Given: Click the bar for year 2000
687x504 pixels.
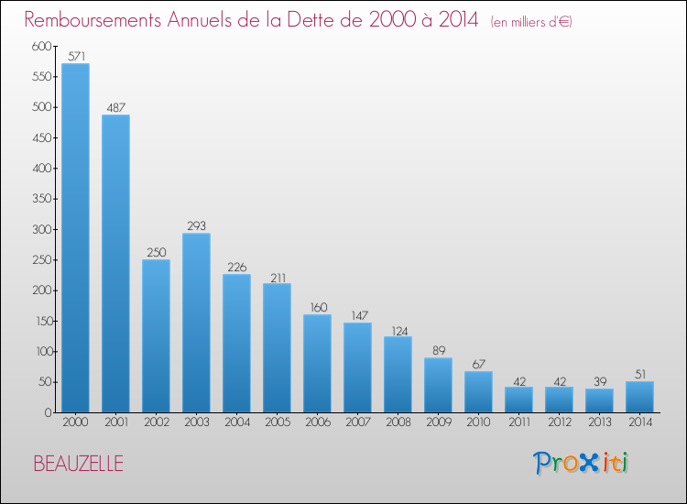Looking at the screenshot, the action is pos(75,238).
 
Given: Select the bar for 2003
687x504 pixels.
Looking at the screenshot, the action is pos(196,323).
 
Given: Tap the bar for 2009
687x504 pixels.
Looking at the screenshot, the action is pos(438,385).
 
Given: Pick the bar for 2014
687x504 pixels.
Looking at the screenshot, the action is pos(639,397).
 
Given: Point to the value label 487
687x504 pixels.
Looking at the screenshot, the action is pos(115,107).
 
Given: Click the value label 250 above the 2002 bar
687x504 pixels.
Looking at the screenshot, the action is pos(157,252).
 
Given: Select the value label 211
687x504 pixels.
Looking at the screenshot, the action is pos(278,278).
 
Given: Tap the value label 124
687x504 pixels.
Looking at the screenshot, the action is pos(399,332).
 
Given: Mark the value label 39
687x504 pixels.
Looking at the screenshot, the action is pos(600,382).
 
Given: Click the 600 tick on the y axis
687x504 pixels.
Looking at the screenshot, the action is pos(41,46).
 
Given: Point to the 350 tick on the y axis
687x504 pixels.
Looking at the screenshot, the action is pos(41,199).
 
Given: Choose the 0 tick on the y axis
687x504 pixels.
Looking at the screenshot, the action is pos(49,412).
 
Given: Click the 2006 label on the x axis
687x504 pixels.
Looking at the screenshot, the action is pos(318,422).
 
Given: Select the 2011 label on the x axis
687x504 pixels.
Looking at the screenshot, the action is pos(519,422).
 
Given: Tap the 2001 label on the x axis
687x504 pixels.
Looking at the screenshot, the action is pos(116,422).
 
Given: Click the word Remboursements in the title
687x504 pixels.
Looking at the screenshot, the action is pos(93,20).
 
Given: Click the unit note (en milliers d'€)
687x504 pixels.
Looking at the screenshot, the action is pos(531,22).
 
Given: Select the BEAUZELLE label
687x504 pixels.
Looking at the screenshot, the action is pos(79,464).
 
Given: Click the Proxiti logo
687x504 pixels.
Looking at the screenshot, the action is pos(581,463).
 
